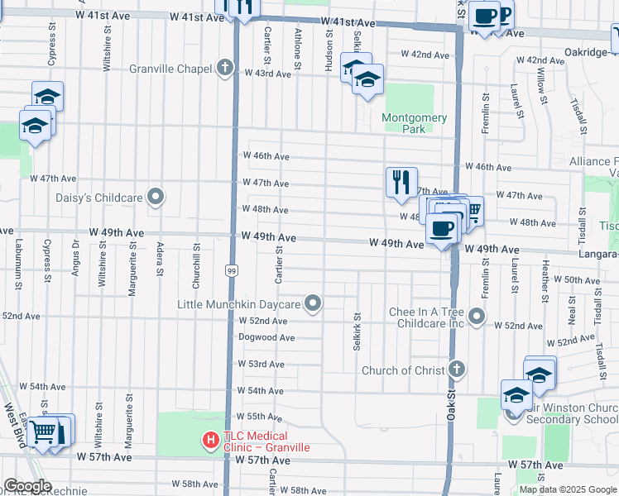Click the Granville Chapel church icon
[224, 69]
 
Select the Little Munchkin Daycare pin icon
[313, 304]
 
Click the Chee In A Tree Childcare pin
[477, 316]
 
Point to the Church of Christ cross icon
[456, 370]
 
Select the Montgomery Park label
[415, 123]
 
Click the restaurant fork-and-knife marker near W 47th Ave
[401, 183]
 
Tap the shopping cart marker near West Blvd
[43, 432]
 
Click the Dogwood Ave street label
[266, 337]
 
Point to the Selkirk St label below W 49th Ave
[357, 331]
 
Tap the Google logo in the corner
[26, 486]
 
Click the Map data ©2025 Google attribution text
[568, 489]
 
